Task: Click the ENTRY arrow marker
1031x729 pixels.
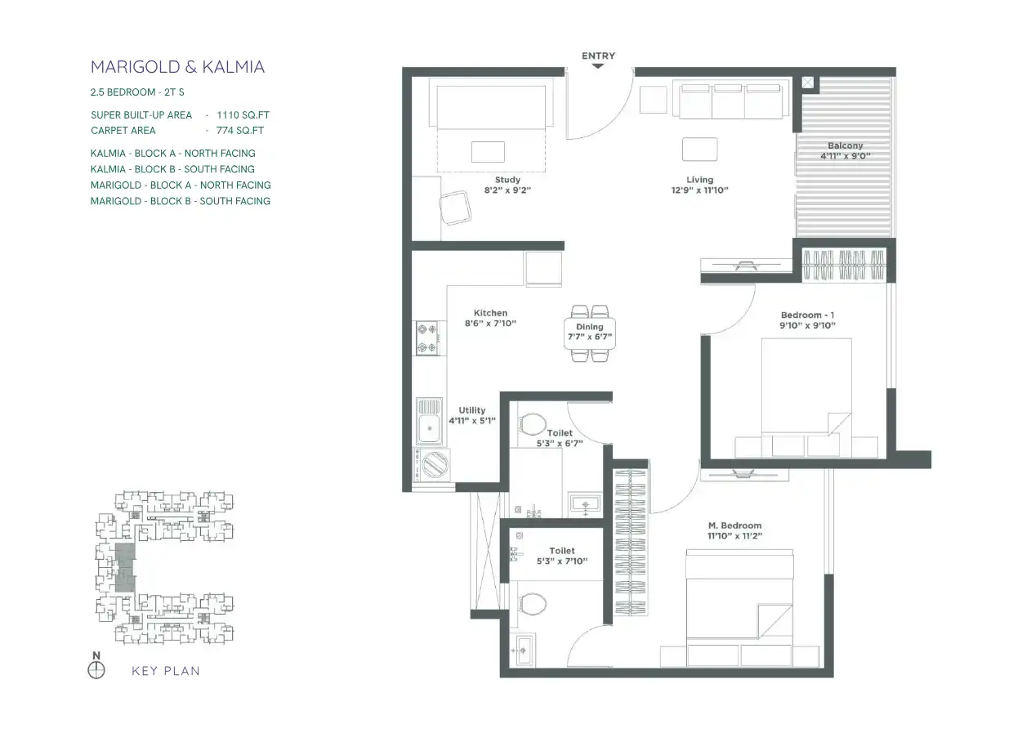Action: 597,66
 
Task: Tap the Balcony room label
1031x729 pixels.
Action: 845,145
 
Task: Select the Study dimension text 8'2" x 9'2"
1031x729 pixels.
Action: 507,190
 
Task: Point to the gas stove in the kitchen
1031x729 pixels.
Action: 427,338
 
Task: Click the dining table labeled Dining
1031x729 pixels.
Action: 590,333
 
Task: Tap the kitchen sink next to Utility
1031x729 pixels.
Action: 429,421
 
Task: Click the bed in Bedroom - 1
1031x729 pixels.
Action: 806,397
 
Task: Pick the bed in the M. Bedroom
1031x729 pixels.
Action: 739,607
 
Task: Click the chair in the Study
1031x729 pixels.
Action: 455,208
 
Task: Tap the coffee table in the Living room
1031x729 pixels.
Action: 699,150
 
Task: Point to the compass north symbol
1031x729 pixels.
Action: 96,669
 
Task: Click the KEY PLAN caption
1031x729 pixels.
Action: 166,671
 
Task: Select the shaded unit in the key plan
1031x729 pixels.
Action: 125,567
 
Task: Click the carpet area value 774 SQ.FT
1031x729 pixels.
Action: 240,130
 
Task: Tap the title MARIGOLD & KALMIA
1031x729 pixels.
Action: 177,67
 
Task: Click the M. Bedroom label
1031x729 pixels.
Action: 734,526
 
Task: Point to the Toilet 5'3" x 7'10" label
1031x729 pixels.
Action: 562,556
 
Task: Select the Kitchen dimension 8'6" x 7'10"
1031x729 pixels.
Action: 490,324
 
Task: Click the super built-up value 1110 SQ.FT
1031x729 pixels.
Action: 243,115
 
